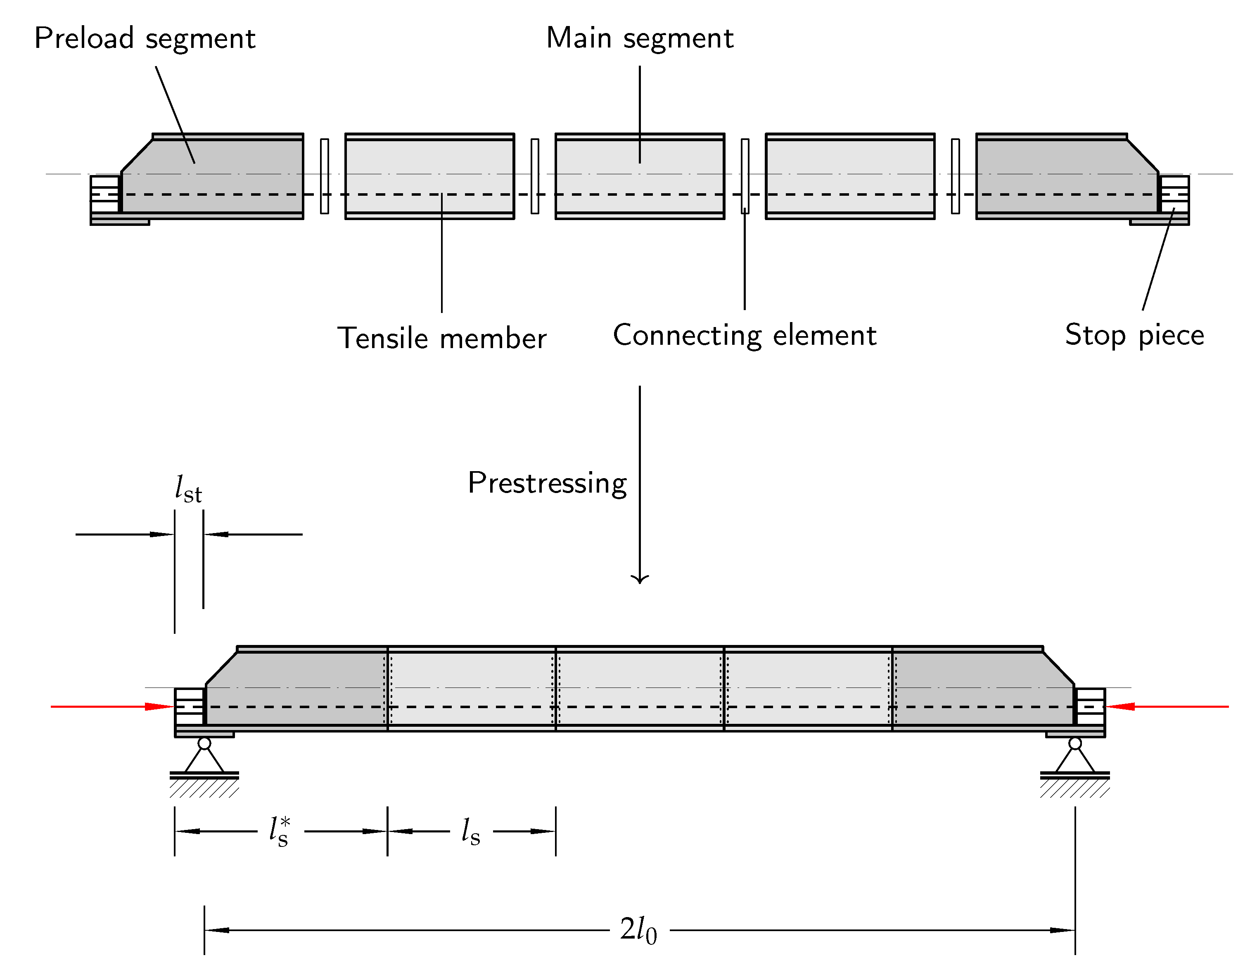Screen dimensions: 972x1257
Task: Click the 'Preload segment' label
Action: click(145, 38)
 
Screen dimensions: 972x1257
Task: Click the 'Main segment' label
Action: click(639, 38)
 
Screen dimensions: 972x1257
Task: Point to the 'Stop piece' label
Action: click(1134, 335)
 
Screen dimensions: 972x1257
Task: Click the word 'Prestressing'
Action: click(547, 483)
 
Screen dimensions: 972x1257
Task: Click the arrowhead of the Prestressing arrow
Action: click(639, 579)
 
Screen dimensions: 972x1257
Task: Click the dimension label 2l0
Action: click(638, 930)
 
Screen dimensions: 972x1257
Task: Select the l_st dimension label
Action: click(188, 489)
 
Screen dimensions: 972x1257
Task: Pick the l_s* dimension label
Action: click(280, 831)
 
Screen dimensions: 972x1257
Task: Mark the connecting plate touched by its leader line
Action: click(745, 175)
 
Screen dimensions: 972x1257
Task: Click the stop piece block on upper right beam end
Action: click(1174, 194)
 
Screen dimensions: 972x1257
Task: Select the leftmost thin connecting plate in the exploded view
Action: click(325, 175)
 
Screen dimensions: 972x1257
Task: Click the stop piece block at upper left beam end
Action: click(105, 194)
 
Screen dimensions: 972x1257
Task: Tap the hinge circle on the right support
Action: click(1074, 744)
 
